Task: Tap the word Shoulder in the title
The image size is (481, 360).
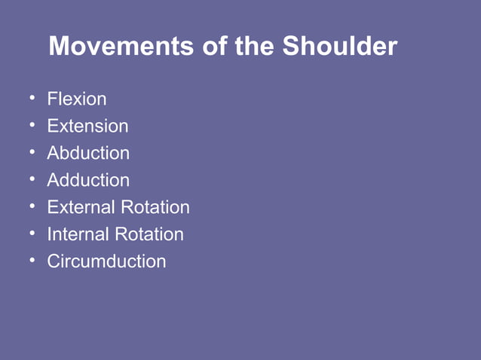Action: pyautogui.click(x=339, y=47)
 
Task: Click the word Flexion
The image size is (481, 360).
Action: pyautogui.click(x=77, y=99)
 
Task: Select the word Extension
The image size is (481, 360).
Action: pyautogui.click(x=87, y=126)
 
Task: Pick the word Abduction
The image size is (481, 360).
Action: pyautogui.click(x=88, y=153)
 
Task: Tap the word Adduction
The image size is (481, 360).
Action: pyautogui.click(x=88, y=180)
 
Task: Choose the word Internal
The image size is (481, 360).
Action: pyautogui.click(x=78, y=234)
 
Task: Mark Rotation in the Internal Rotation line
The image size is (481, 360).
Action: pyautogui.click(x=149, y=234)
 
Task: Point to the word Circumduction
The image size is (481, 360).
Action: pyautogui.click(x=106, y=261)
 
